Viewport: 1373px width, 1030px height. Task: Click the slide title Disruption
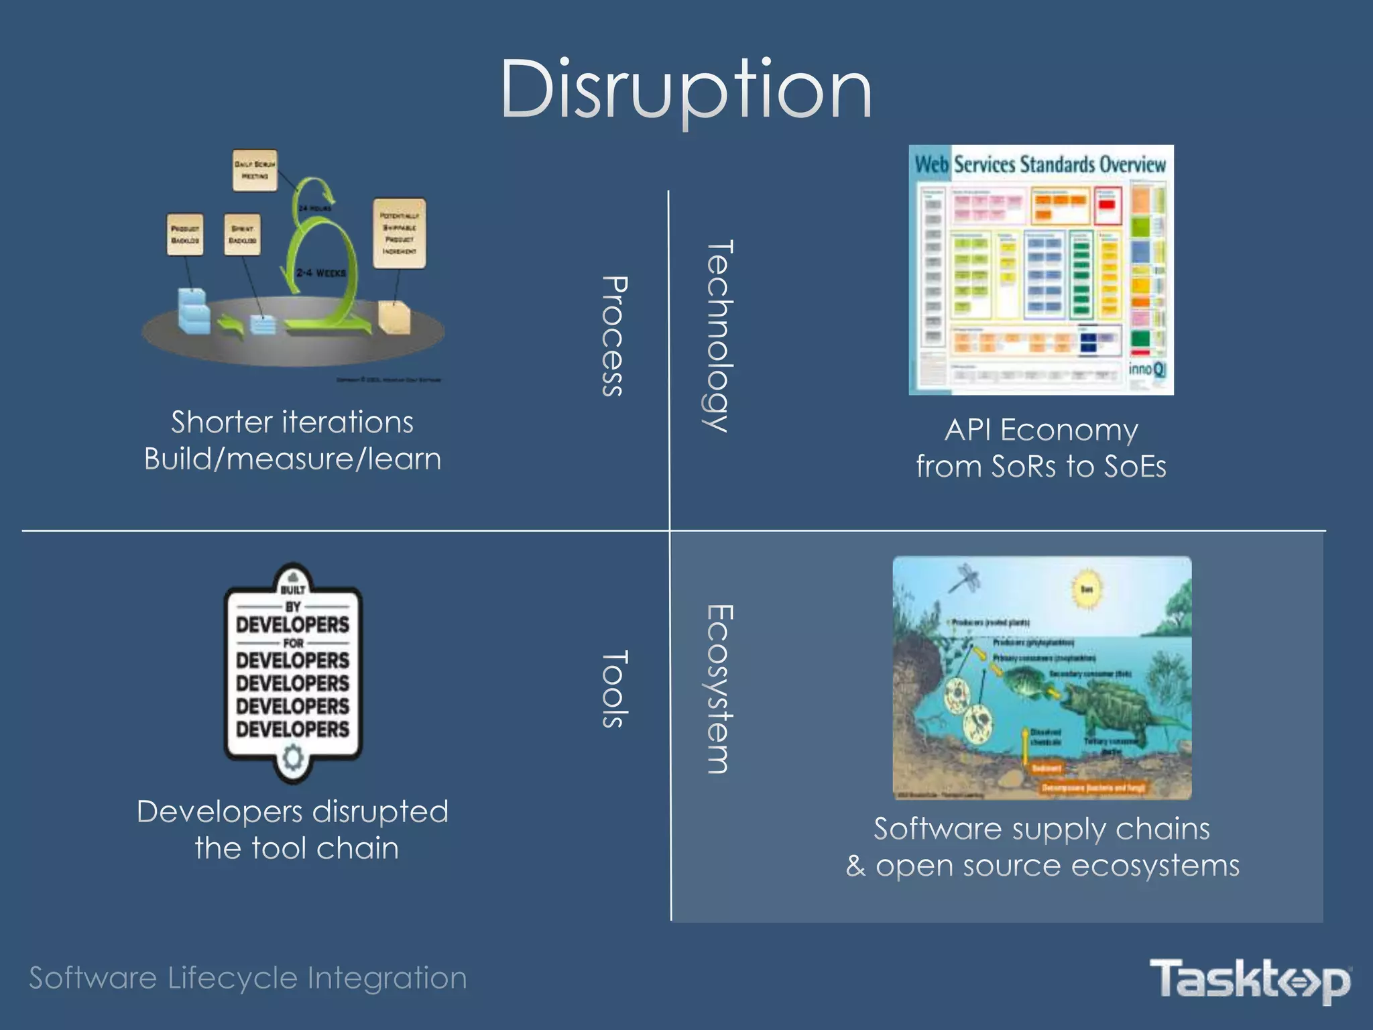coord(685,90)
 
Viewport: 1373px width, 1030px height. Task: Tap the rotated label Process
coord(613,337)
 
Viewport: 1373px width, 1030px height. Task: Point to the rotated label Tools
coord(613,689)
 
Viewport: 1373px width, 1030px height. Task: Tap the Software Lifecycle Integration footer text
coord(248,978)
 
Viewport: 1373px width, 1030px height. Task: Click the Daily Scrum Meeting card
coord(254,170)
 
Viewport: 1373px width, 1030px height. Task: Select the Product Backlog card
coord(184,235)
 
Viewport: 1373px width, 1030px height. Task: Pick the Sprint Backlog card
coord(242,235)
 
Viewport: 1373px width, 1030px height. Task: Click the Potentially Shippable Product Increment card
coord(399,233)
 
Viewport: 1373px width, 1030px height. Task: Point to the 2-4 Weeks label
coord(321,273)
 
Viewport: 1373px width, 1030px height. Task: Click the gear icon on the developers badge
coord(293,758)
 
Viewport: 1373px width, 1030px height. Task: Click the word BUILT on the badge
coord(293,590)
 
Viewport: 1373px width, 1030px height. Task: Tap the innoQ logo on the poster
coord(1147,369)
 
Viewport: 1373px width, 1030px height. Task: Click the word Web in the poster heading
coord(931,164)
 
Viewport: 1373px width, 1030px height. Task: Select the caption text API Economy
coord(1041,430)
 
